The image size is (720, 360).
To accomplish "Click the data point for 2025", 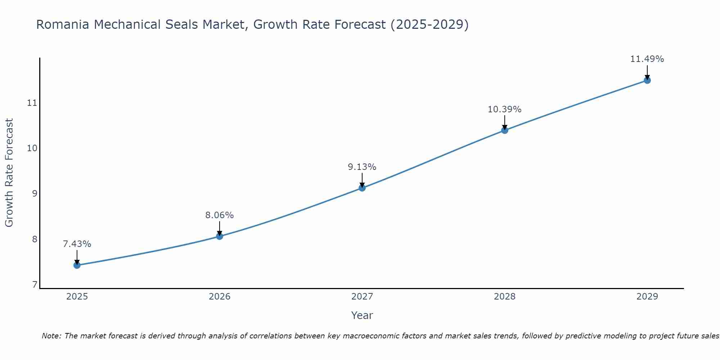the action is point(77,265).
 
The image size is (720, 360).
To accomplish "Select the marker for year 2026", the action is point(220,237).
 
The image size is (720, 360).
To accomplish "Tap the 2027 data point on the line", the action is point(362,188).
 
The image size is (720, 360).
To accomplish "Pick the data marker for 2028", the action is point(505,130).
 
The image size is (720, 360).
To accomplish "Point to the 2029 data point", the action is point(647,80).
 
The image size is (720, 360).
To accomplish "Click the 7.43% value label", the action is point(77,244).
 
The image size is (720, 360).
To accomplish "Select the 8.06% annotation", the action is point(220,215).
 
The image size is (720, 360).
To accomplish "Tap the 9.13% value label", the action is point(362,167).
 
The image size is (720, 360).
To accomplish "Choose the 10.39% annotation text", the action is point(505,109).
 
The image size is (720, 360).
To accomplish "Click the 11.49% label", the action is point(647,59).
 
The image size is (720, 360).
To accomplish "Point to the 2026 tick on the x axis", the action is point(220,297).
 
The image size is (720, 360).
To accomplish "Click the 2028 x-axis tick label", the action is point(505,297).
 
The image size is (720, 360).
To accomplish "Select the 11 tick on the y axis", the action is point(32,103).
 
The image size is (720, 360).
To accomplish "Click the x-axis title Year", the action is point(362,315).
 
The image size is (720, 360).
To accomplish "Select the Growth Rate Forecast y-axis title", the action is point(9,173).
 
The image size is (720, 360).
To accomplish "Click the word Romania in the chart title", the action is point(63,25).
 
